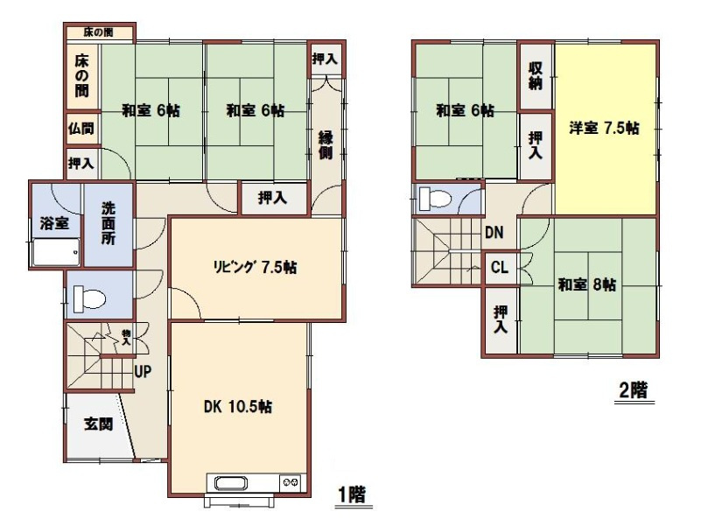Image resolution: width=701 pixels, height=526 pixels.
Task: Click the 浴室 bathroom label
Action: (54, 223)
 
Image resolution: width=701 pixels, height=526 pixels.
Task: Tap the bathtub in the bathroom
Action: (56, 252)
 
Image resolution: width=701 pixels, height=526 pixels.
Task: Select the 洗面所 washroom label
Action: (109, 223)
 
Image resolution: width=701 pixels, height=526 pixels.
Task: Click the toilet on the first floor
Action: (89, 298)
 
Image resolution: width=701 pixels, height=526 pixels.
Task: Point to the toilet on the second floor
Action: (435, 198)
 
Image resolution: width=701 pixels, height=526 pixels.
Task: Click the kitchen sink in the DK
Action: (231, 483)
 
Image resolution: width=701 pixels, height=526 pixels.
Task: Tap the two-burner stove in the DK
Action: (291, 482)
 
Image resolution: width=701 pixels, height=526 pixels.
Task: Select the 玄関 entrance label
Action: (98, 424)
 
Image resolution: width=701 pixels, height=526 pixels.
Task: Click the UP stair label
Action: (143, 371)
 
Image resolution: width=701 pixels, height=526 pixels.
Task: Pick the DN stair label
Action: (494, 232)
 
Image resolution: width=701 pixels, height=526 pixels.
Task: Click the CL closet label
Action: (500, 268)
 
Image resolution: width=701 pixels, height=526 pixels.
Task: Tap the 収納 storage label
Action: (536, 75)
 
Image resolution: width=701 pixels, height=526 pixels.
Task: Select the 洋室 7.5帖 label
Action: (604, 128)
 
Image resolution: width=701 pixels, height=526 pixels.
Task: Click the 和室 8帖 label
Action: (587, 284)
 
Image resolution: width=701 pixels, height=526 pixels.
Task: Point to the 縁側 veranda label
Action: (326, 145)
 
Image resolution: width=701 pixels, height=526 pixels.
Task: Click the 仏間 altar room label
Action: (81, 129)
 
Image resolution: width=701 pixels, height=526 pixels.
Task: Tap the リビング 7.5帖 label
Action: (255, 267)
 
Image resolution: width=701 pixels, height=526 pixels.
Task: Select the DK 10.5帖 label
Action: (237, 407)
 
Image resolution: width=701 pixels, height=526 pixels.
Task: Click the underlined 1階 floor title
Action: (353, 496)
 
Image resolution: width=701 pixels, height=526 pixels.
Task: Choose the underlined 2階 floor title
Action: (634, 392)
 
